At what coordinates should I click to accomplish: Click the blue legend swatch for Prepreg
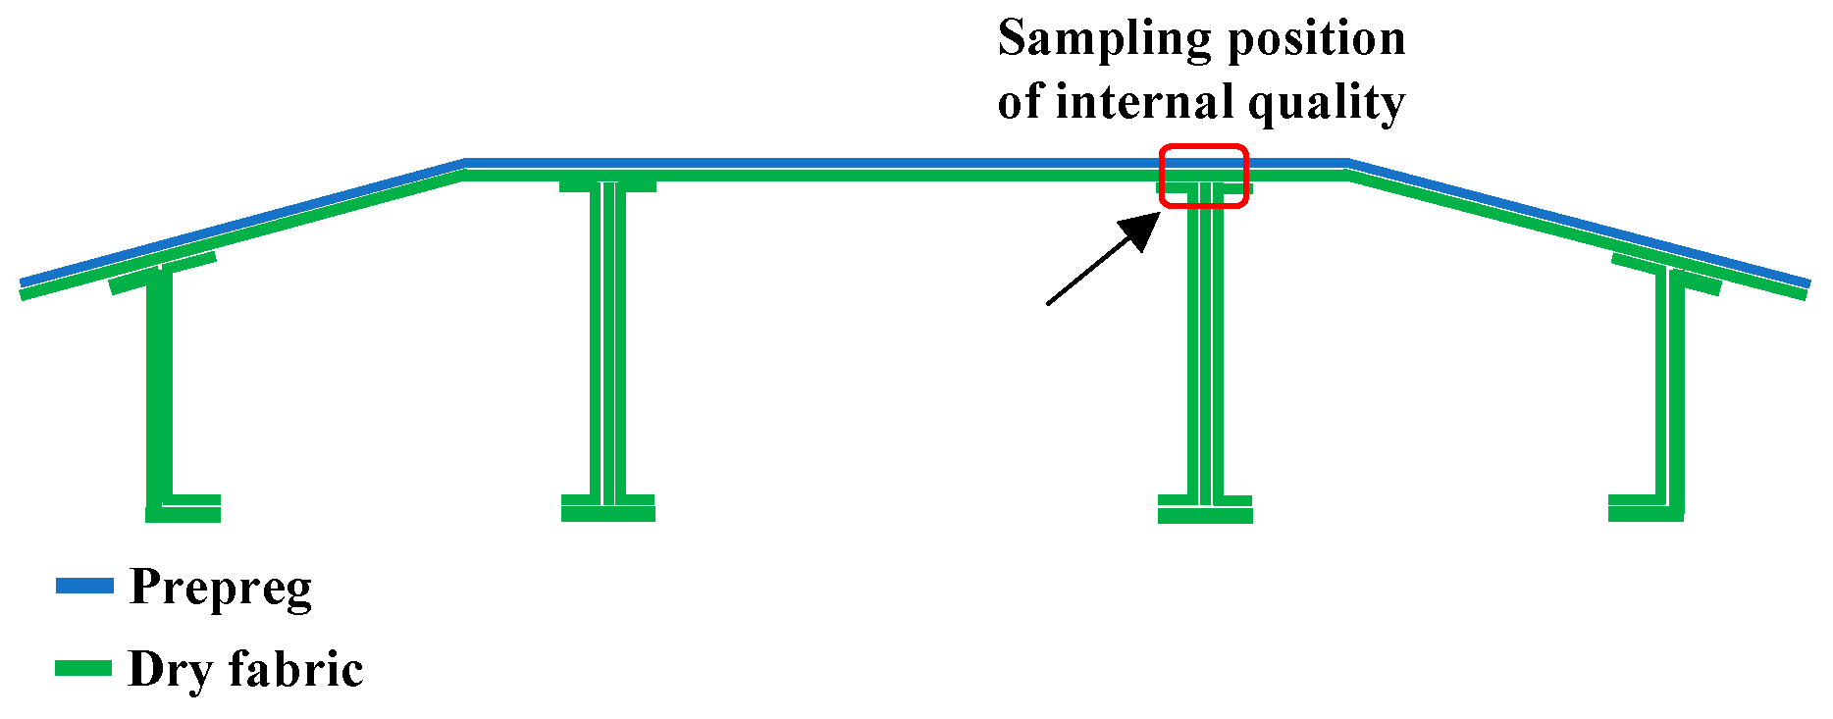pos(84,587)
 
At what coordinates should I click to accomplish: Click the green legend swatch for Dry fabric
pos(83,669)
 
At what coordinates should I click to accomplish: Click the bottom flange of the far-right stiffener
pos(1646,512)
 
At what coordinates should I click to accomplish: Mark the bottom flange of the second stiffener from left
pos(607,513)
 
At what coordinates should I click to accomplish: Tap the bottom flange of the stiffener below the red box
pos(1205,513)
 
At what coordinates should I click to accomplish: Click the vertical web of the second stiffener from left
pos(608,343)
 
